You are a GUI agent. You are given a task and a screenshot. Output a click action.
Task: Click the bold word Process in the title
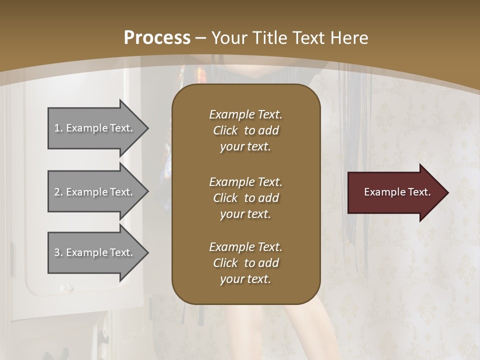[157, 38]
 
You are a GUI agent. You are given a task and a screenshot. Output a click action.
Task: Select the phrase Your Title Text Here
[289, 38]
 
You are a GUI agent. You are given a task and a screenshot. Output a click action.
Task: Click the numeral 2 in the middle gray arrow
[56, 192]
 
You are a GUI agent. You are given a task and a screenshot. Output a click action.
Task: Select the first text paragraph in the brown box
[245, 130]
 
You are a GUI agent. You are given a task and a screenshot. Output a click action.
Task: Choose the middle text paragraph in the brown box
[245, 198]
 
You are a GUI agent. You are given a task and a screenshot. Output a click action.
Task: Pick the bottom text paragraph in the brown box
[245, 263]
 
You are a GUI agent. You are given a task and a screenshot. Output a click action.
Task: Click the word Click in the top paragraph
[225, 130]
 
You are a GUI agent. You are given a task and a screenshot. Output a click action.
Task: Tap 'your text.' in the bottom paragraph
[245, 279]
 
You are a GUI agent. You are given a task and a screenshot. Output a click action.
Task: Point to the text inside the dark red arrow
[397, 192]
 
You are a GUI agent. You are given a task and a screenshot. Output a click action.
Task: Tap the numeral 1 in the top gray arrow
[56, 128]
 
